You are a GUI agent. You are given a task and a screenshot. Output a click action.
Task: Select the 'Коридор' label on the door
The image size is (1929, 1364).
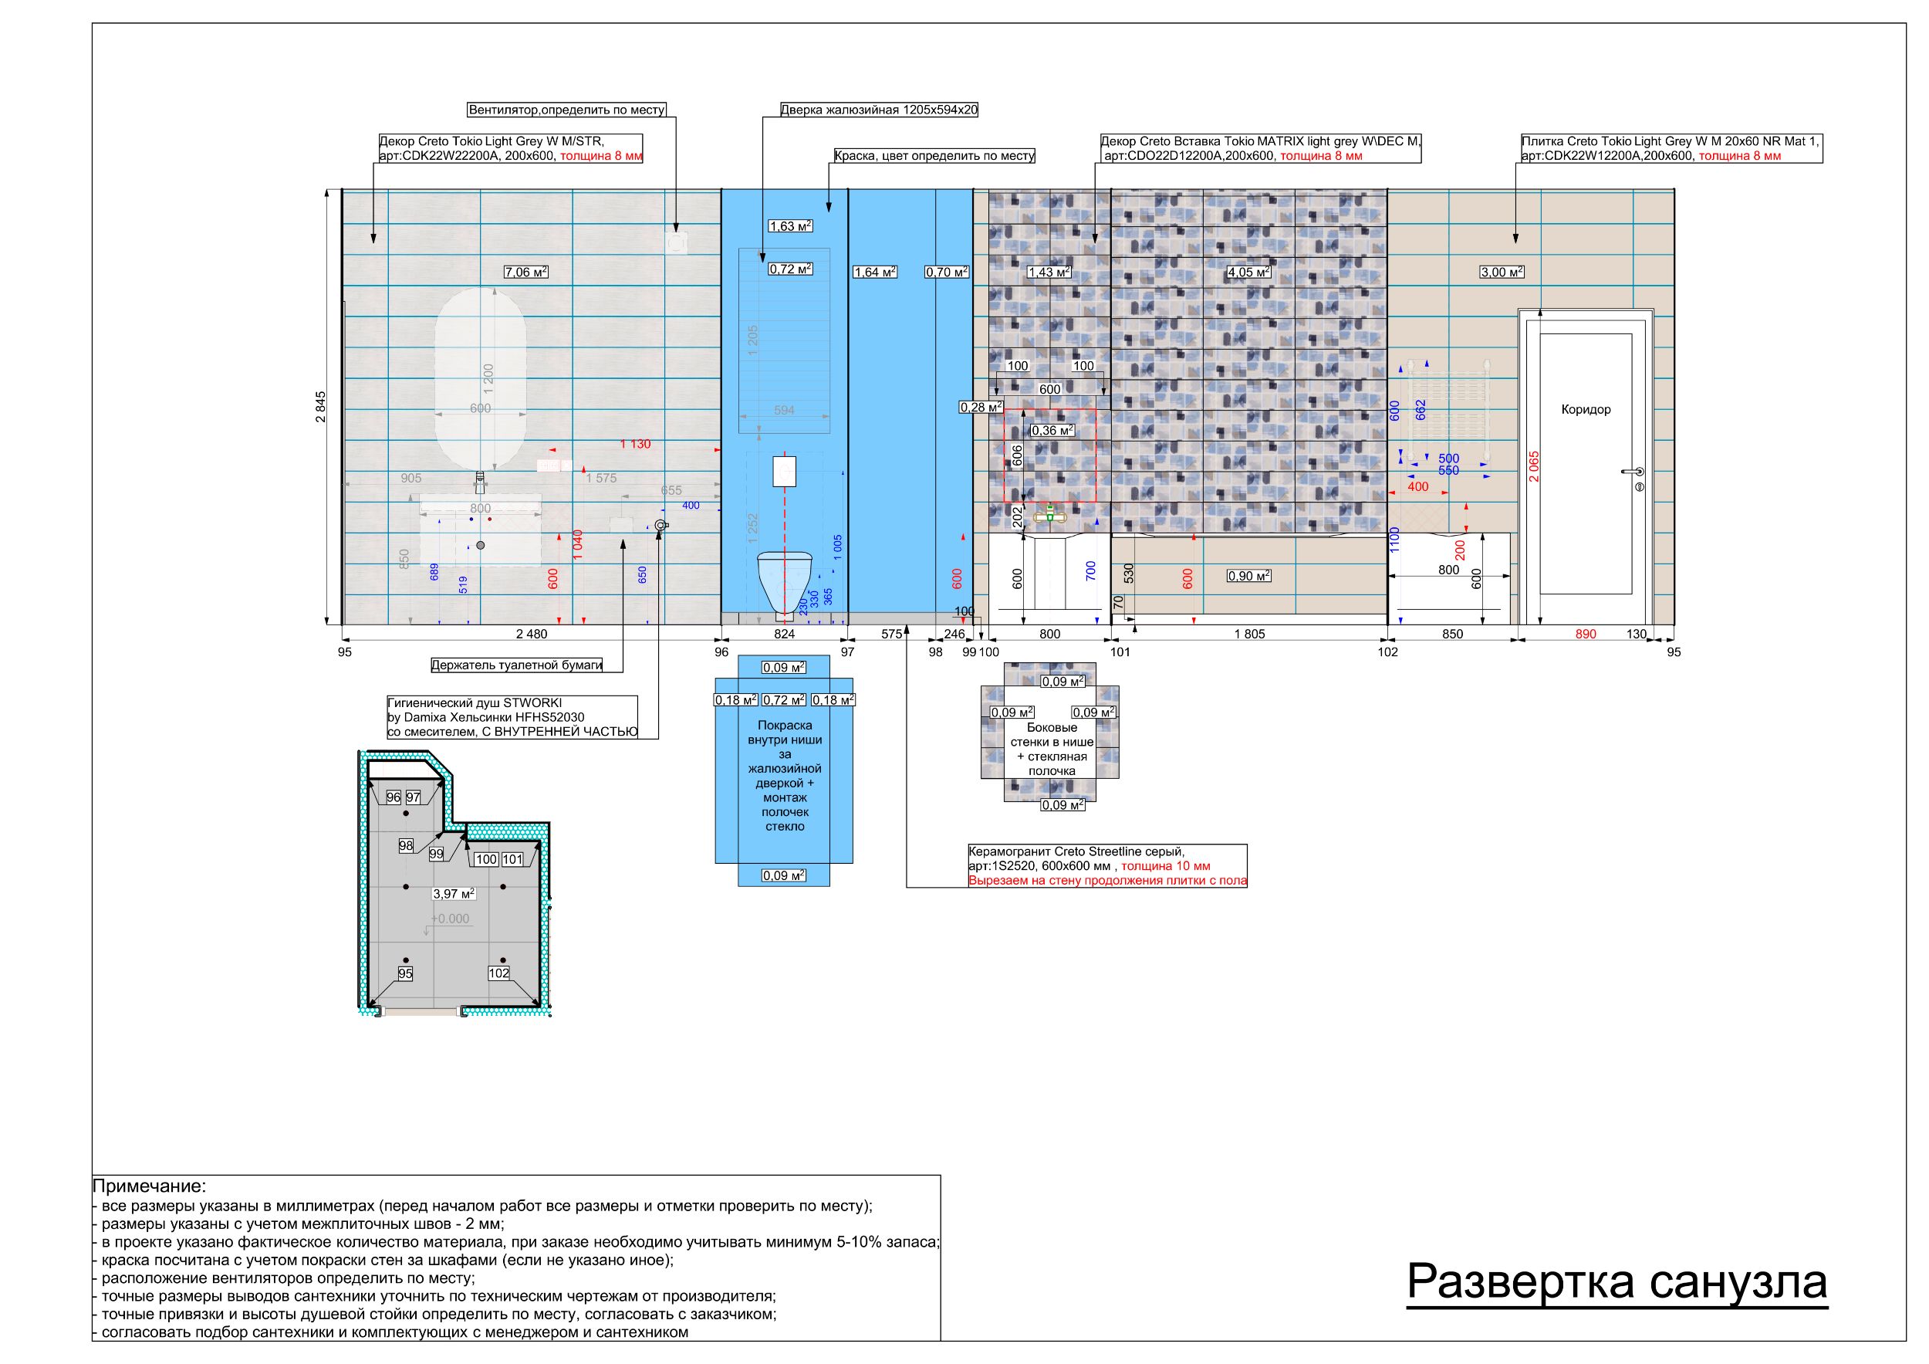coord(1586,410)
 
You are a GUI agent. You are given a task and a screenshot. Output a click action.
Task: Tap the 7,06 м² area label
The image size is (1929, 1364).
coord(526,272)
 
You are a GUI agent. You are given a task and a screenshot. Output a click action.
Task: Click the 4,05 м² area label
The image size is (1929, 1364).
coord(1248,272)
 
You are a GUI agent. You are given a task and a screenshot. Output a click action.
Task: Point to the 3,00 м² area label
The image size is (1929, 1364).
coord(1502,272)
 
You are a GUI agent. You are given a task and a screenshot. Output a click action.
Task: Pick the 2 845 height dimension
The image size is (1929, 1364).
coord(321,407)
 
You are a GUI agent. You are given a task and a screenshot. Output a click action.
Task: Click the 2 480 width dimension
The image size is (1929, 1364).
coord(531,635)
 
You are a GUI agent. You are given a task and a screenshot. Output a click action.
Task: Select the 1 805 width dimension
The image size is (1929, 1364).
coord(1249,635)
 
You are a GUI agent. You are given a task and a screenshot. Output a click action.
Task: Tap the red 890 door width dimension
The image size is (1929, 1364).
coord(1586,635)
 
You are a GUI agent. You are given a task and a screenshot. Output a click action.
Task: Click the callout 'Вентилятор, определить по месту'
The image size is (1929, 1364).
coord(566,110)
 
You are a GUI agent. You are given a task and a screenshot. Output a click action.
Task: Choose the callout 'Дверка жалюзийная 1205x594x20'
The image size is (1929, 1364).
coord(879,110)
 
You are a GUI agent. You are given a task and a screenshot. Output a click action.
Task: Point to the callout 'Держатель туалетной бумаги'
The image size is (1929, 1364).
coord(517,665)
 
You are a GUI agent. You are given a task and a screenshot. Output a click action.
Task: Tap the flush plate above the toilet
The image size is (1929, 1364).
coord(784,471)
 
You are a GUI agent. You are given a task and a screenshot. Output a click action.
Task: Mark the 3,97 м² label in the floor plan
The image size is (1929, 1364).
coord(453,894)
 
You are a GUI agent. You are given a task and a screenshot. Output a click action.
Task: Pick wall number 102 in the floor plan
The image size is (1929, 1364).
coord(499,973)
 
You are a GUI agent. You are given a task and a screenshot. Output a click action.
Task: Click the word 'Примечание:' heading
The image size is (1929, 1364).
coord(149,1186)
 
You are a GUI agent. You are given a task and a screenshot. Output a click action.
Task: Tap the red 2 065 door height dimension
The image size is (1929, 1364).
coord(1534,466)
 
